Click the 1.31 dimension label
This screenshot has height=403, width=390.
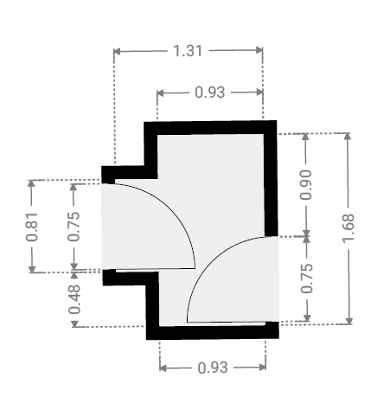188,51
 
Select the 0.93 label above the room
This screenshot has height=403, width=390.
209,93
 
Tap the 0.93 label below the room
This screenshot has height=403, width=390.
213,368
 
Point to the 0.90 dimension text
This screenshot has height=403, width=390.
306,185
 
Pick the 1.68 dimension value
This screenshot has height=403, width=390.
348,228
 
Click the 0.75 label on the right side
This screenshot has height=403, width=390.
306,278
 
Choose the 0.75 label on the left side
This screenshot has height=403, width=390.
74,227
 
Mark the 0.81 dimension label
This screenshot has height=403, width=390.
31,227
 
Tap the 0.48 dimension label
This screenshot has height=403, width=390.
74,299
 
